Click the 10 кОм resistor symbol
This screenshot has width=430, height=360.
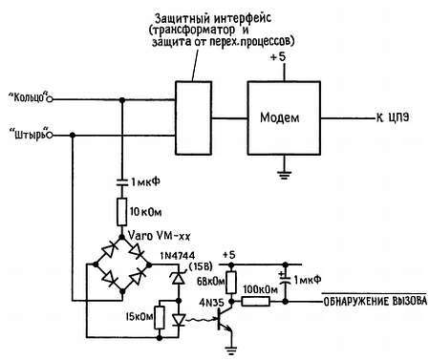click(x=123, y=208)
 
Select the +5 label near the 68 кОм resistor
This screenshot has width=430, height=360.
click(x=230, y=255)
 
